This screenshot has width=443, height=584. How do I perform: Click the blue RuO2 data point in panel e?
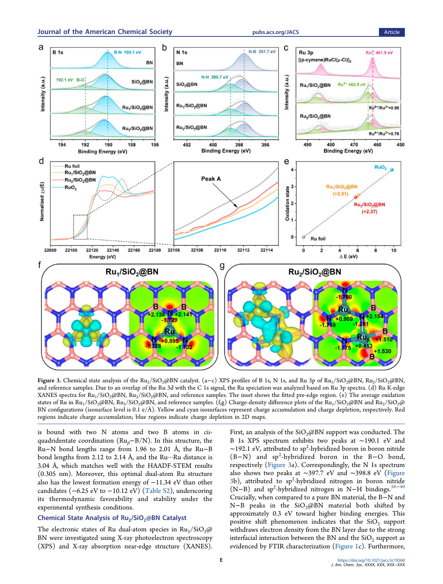click(392, 170)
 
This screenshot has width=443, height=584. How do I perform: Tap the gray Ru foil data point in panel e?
click(303, 237)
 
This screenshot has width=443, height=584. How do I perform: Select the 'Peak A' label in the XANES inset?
click(211, 179)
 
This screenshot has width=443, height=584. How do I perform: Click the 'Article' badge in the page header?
click(392, 32)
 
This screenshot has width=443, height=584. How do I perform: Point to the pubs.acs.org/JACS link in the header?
click(275, 32)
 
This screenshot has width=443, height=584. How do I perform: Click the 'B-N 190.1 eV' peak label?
click(128, 52)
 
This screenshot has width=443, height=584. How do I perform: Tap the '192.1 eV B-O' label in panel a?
click(70, 80)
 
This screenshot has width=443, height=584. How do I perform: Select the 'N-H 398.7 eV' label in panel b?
click(214, 77)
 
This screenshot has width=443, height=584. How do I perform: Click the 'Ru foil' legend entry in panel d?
click(72, 166)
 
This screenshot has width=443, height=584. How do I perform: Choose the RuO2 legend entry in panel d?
click(70, 188)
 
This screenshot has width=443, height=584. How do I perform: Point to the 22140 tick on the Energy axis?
click(113, 250)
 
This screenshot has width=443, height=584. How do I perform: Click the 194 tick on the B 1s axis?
click(62, 145)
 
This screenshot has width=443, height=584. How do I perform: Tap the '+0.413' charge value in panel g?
click(364, 345)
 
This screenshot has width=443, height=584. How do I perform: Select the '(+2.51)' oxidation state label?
click(341, 194)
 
